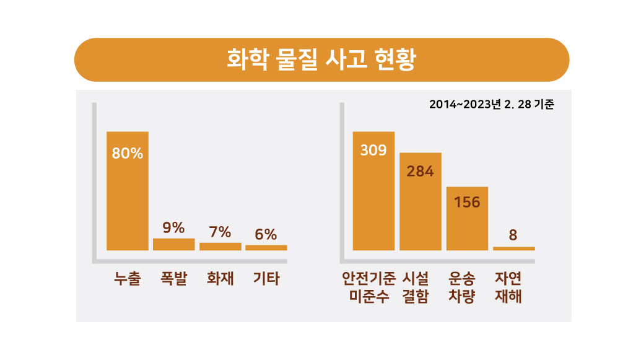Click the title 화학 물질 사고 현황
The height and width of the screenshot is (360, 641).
click(321, 60)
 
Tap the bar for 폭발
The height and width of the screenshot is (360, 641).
click(174, 244)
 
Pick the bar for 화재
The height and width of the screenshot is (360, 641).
click(220, 246)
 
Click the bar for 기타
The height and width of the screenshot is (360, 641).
click(266, 247)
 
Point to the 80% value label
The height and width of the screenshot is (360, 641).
click(128, 154)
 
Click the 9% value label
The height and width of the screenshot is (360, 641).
click(174, 227)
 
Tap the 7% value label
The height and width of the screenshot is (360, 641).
click(220, 232)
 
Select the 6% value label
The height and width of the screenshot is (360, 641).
click(266, 234)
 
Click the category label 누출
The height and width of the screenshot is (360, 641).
click(128, 279)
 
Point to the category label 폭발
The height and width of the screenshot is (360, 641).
click(174, 279)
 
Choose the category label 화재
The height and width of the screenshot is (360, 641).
click(220, 279)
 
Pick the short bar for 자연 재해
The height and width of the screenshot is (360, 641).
click(514, 248)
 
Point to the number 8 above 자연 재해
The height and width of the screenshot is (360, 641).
click(513, 235)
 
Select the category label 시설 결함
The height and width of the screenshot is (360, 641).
click(421, 288)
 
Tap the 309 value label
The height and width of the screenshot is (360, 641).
click(373, 150)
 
